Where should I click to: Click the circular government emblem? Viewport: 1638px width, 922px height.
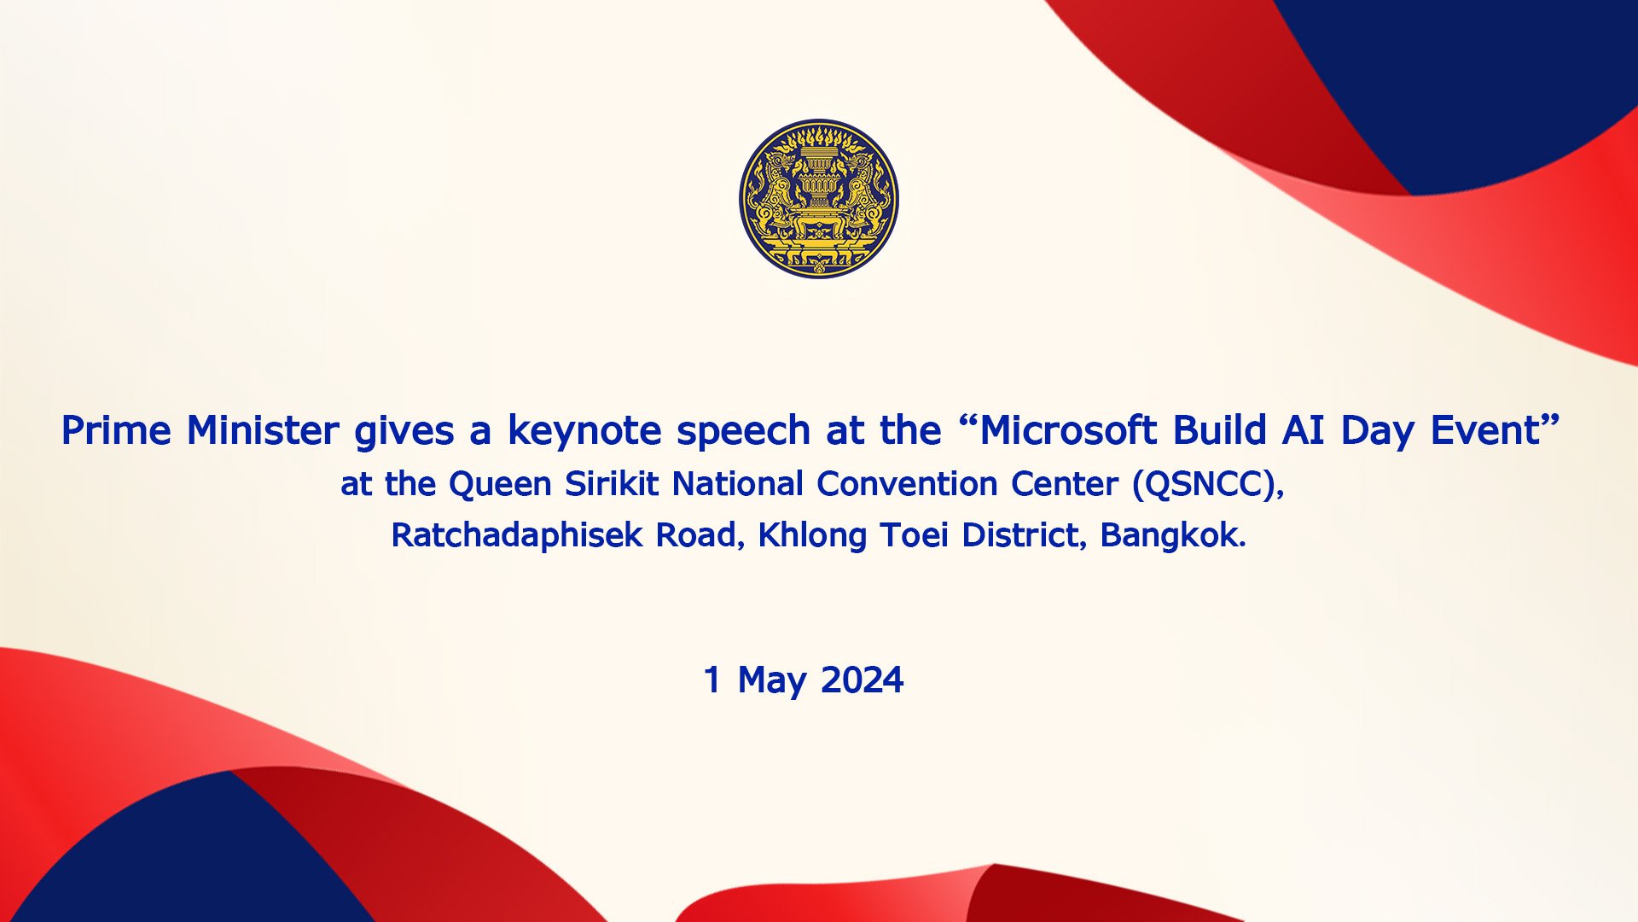point(819,199)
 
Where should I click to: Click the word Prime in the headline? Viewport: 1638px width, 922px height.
point(116,430)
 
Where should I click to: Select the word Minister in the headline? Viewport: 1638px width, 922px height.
point(263,430)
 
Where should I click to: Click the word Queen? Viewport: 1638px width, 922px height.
point(500,484)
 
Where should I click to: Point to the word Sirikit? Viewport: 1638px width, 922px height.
point(612,484)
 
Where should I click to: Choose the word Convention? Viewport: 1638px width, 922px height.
point(907,484)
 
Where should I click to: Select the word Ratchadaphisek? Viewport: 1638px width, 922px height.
point(517,536)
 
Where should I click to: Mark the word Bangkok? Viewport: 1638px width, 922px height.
point(1169,535)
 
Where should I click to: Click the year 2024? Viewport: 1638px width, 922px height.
point(862,680)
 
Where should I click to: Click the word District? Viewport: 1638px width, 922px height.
point(1021,535)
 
